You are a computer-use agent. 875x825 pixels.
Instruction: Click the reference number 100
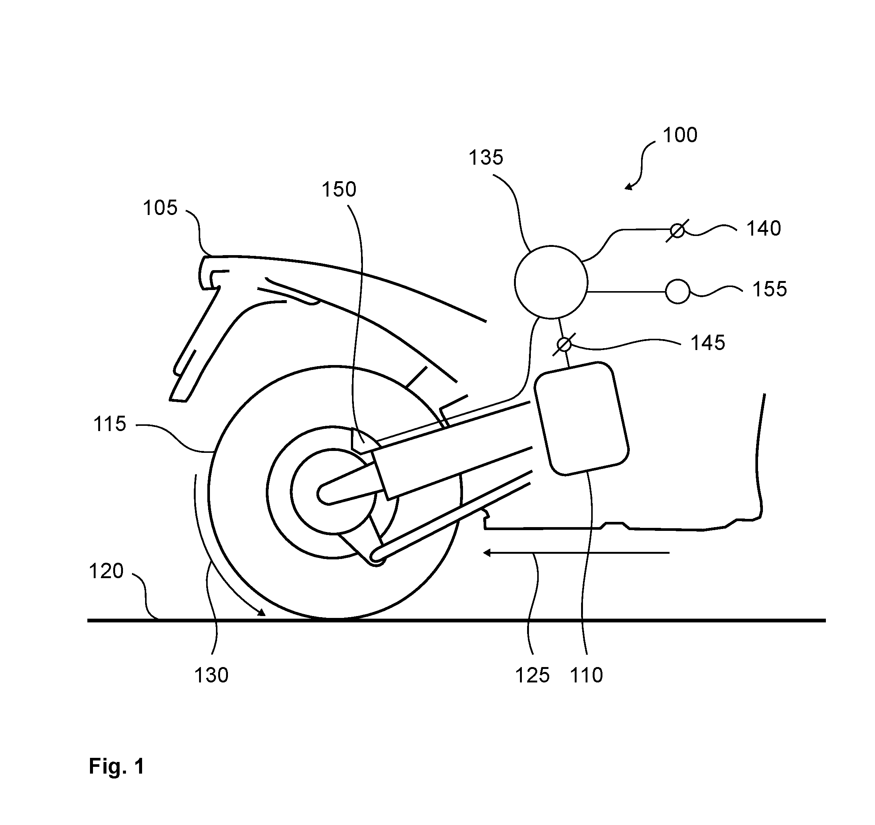point(680,135)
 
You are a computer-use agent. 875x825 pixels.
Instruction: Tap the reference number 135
point(485,158)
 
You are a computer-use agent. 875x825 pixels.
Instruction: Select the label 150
point(339,190)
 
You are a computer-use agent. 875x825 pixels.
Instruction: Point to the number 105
point(160,208)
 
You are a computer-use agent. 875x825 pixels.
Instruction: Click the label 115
point(109,424)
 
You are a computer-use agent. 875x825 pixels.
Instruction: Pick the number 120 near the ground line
point(106,571)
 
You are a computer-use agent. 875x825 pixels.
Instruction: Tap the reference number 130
point(211,675)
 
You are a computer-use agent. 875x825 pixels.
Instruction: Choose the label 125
point(533,675)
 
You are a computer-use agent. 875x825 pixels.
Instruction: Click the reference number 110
point(586,675)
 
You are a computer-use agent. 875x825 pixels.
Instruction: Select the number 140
point(764,228)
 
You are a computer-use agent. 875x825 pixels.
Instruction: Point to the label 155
point(770,289)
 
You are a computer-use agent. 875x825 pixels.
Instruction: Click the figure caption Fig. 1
point(117,766)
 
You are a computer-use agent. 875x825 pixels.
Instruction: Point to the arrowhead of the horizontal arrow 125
point(487,552)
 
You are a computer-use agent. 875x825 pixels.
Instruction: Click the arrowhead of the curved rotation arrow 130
point(262,612)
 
